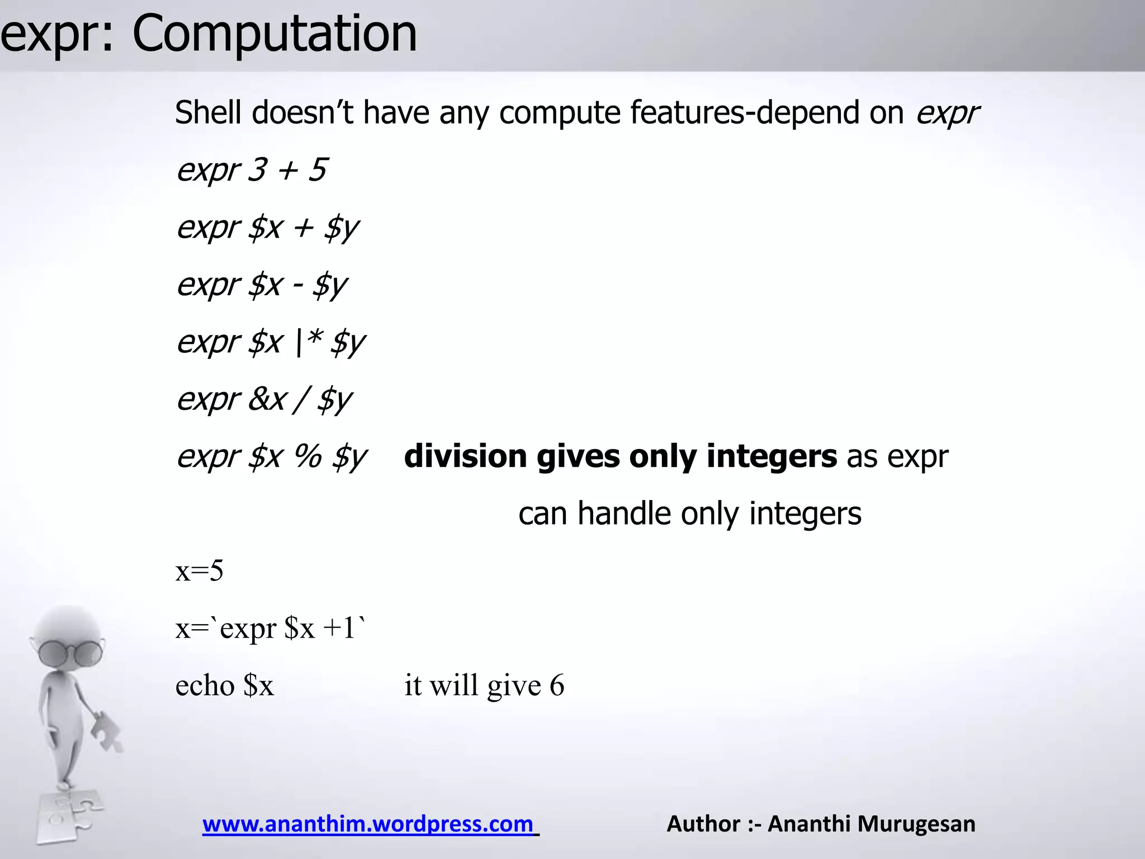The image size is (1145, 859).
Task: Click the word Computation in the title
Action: (275, 35)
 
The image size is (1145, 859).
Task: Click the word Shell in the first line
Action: (209, 112)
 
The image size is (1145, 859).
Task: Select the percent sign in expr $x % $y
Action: (308, 456)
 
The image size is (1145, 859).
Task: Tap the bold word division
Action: (465, 456)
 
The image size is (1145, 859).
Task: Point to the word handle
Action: (624, 513)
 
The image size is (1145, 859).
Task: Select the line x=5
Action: (200, 572)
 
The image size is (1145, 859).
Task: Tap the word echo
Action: (205, 686)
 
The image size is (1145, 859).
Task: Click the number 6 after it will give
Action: (557, 686)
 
